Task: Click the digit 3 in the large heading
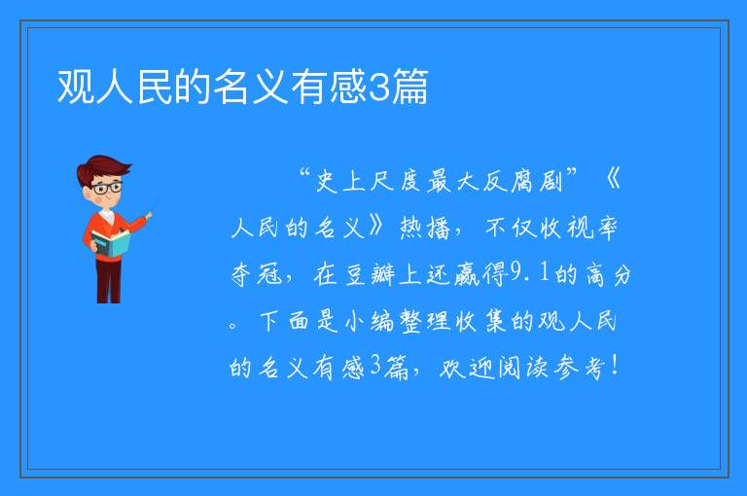(x=379, y=87)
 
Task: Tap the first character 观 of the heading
(x=76, y=87)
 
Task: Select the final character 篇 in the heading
(x=409, y=87)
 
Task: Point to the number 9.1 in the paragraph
(x=530, y=273)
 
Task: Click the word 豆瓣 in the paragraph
(x=370, y=274)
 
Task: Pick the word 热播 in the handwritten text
(x=424, y=228)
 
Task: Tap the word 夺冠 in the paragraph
(x=257, y=274)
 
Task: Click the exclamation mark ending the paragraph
(x=615, y=366)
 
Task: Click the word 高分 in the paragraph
(x=608, y=274)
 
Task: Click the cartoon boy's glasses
(x=107, y=188)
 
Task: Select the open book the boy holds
(x=111, y=243)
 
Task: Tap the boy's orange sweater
(x=112, y=234)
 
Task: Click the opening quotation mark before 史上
(x=304, y=172)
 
